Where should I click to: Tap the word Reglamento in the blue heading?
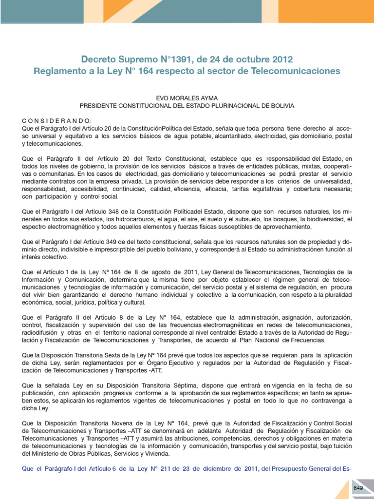pos(57,72)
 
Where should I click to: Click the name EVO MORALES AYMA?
pos(187,98)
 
